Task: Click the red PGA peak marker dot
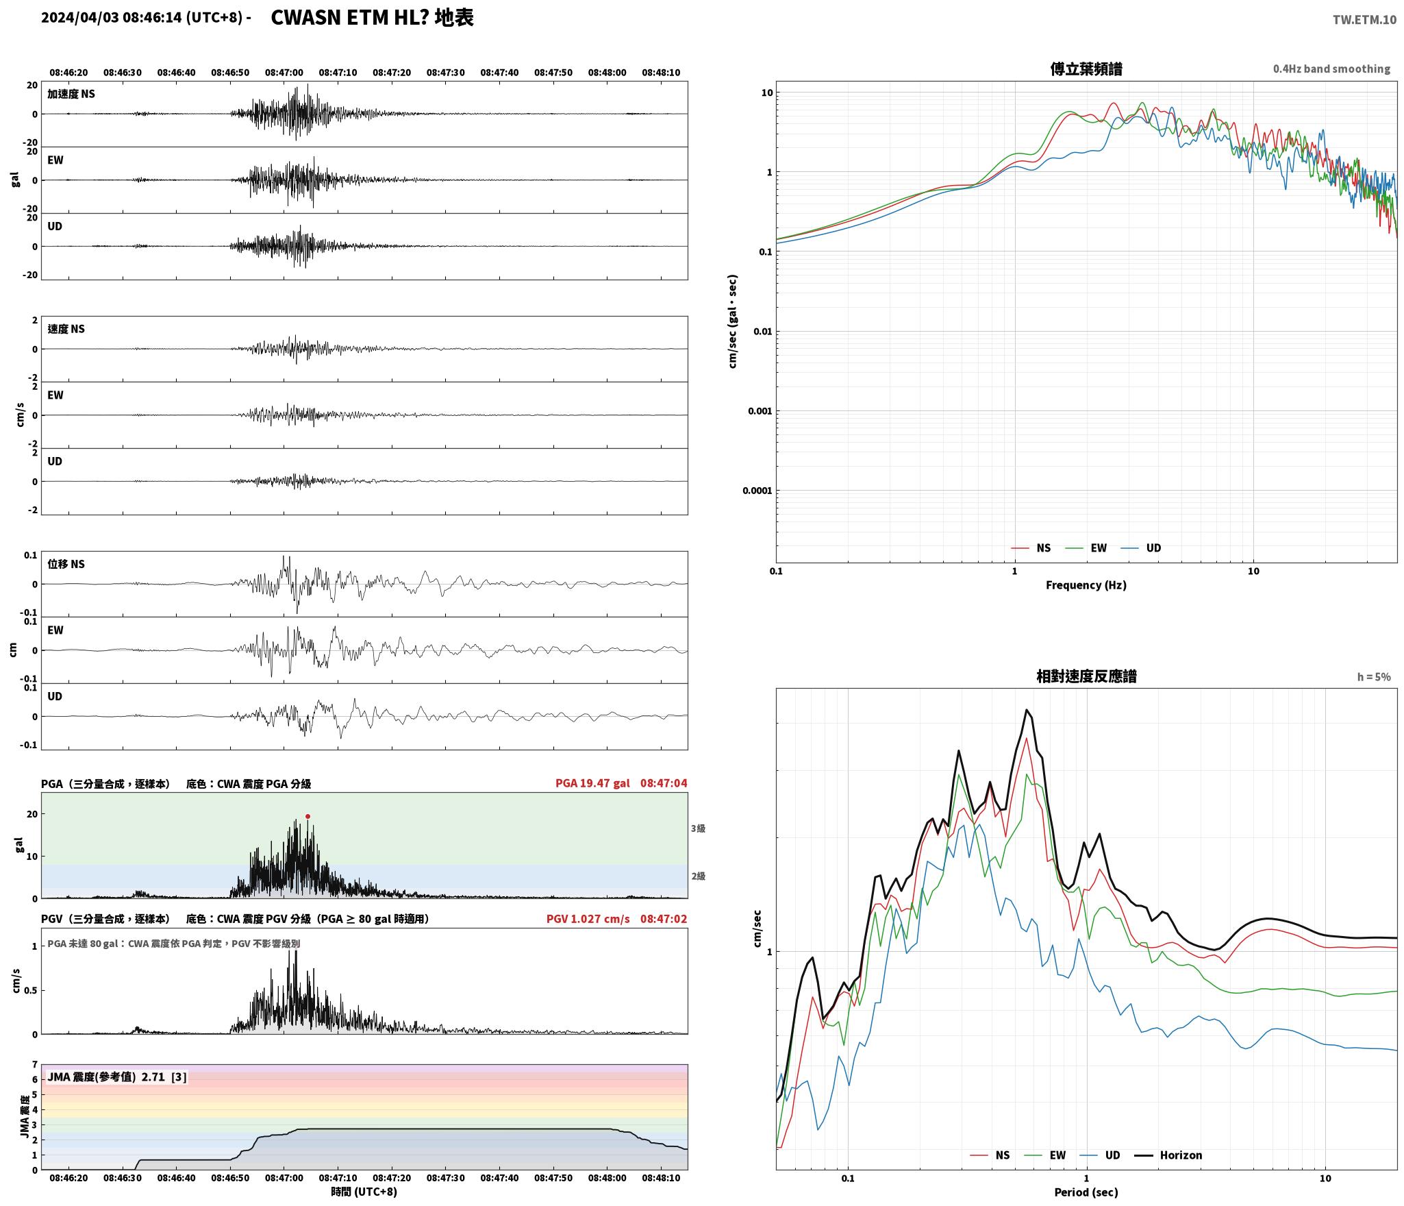[x=308, y=816]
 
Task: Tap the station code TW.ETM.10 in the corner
[x=1364, y=20]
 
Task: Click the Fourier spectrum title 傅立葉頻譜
[x=1086, y=69]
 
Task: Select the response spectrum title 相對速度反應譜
[x=1086, y=676]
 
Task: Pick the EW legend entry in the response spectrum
[x=1045, y=1155]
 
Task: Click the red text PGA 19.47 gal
[x=592, y=783]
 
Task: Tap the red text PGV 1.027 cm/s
[x=588, y=919]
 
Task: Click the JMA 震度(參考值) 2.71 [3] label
[x=116, y=1076]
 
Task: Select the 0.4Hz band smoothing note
[x=1331, y=69]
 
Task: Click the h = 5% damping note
[x=1374, y=677]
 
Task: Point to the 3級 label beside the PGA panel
[x=698, y=828]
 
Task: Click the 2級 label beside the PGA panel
[x=698, y=876]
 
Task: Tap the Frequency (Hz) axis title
[x=1086, y=584]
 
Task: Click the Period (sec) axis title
[x=1086, y=1192]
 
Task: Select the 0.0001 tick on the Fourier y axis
[x=757, y=491]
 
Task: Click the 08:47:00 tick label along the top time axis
[x=284, y=73]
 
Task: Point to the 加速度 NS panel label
[x=71, y=94]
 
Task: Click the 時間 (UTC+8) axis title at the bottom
[x=364, y=1192]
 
